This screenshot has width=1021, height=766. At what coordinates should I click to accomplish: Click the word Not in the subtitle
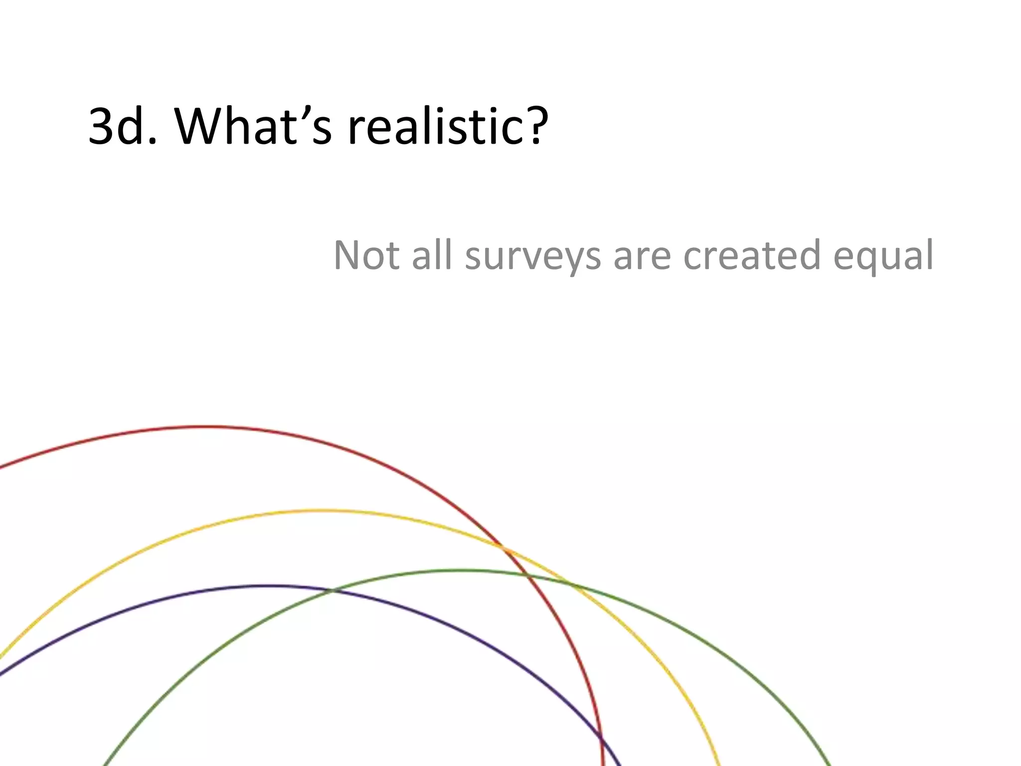366,255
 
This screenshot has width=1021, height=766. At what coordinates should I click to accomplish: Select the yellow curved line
319,511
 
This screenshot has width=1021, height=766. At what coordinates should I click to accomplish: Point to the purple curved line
269,586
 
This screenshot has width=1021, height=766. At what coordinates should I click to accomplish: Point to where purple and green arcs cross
333,591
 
